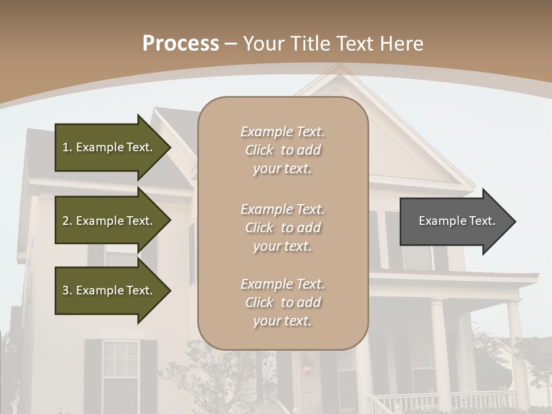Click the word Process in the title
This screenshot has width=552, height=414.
tap(181, 44)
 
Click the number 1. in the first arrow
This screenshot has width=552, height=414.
tap(67, 147)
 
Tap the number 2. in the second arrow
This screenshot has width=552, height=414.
tap(67, 221)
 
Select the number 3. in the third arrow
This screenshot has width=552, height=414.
tap(67, 290)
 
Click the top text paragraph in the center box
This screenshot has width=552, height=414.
tap(282, 150)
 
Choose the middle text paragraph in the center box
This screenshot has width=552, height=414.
tap(282, 228)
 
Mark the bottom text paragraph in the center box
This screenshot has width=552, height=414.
tap(282, 302)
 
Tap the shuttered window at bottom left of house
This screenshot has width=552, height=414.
tap(120, 374)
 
